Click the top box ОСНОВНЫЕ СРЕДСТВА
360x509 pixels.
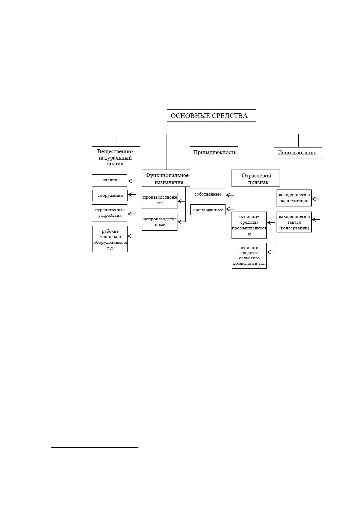(211, 115)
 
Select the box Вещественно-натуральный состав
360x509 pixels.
(116, 157)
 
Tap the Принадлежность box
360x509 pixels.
(214, 152)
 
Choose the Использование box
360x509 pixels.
(298, 153)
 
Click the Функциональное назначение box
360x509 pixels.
(166, 178)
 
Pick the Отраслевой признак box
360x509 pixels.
(256, 178)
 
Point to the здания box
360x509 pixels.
(109, 181)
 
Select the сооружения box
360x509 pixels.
(110, 196)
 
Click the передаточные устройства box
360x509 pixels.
(109, 213)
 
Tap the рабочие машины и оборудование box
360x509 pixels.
(110, 239)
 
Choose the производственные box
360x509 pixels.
(160, 200)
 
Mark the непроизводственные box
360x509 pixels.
(160, 222)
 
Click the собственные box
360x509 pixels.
(207, 195)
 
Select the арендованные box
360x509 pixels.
(208, 210)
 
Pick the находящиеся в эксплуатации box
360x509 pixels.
(294, 198)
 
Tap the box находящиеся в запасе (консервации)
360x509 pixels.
(294, 222)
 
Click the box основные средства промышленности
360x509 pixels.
(249, 225)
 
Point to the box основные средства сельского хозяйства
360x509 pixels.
(249, 256)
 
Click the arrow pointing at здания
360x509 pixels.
(132, 181)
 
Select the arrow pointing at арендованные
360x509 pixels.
(230, 209)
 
